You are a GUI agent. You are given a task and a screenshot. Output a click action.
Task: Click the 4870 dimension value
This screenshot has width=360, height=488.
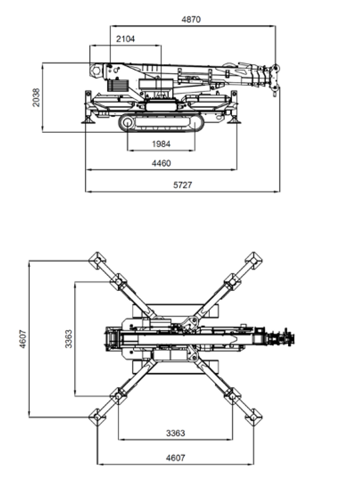[x=191, y=20]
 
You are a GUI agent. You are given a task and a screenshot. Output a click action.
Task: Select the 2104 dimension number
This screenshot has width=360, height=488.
[x=125, y=39]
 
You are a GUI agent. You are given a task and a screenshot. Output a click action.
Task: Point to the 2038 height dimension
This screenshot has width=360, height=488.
[x=36, y=97]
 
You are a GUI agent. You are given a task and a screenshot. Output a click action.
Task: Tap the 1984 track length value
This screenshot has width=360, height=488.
[x=161, y=144]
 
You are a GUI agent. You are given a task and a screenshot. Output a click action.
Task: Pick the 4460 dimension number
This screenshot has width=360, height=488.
[x=161, y=163]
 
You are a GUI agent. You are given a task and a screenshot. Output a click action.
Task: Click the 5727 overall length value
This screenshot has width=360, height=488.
[x=183, y=185]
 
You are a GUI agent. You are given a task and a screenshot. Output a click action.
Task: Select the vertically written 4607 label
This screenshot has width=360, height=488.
[x=23, y=339]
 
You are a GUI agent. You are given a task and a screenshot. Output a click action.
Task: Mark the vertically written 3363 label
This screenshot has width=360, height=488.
[x=69, y=339]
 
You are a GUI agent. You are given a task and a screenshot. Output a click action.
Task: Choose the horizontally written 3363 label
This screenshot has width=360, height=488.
[x=175, y=433]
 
